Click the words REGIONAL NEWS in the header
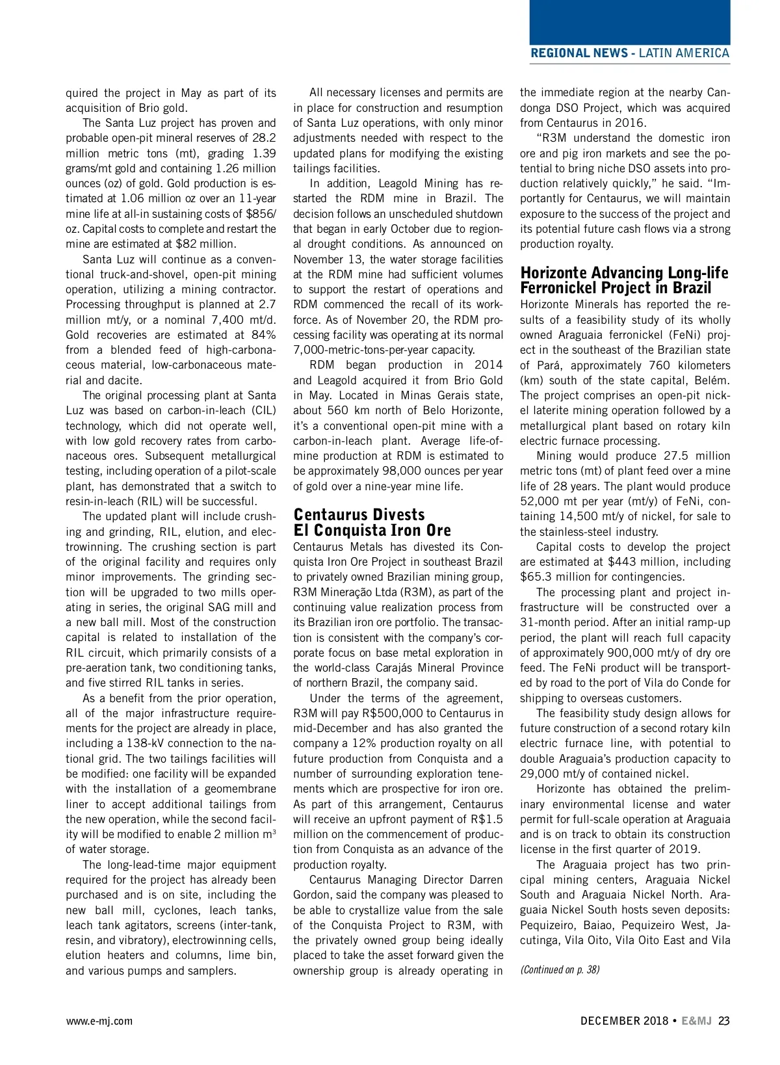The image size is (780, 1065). pos(579,53)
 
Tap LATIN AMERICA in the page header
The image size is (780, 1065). pos(684,53)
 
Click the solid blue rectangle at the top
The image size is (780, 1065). pos(629,22)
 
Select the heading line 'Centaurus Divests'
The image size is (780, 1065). pos(359,515)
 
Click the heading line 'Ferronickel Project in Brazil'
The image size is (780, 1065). pos(616,288)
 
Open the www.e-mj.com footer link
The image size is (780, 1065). pos(99,1021)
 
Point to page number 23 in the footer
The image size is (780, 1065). pos(724,1021)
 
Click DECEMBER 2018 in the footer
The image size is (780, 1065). pos(624,1021)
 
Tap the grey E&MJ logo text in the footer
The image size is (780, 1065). pos(697,1021)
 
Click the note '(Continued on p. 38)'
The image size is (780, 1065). pos(560,969)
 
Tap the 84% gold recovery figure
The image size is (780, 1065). pos(262,335)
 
